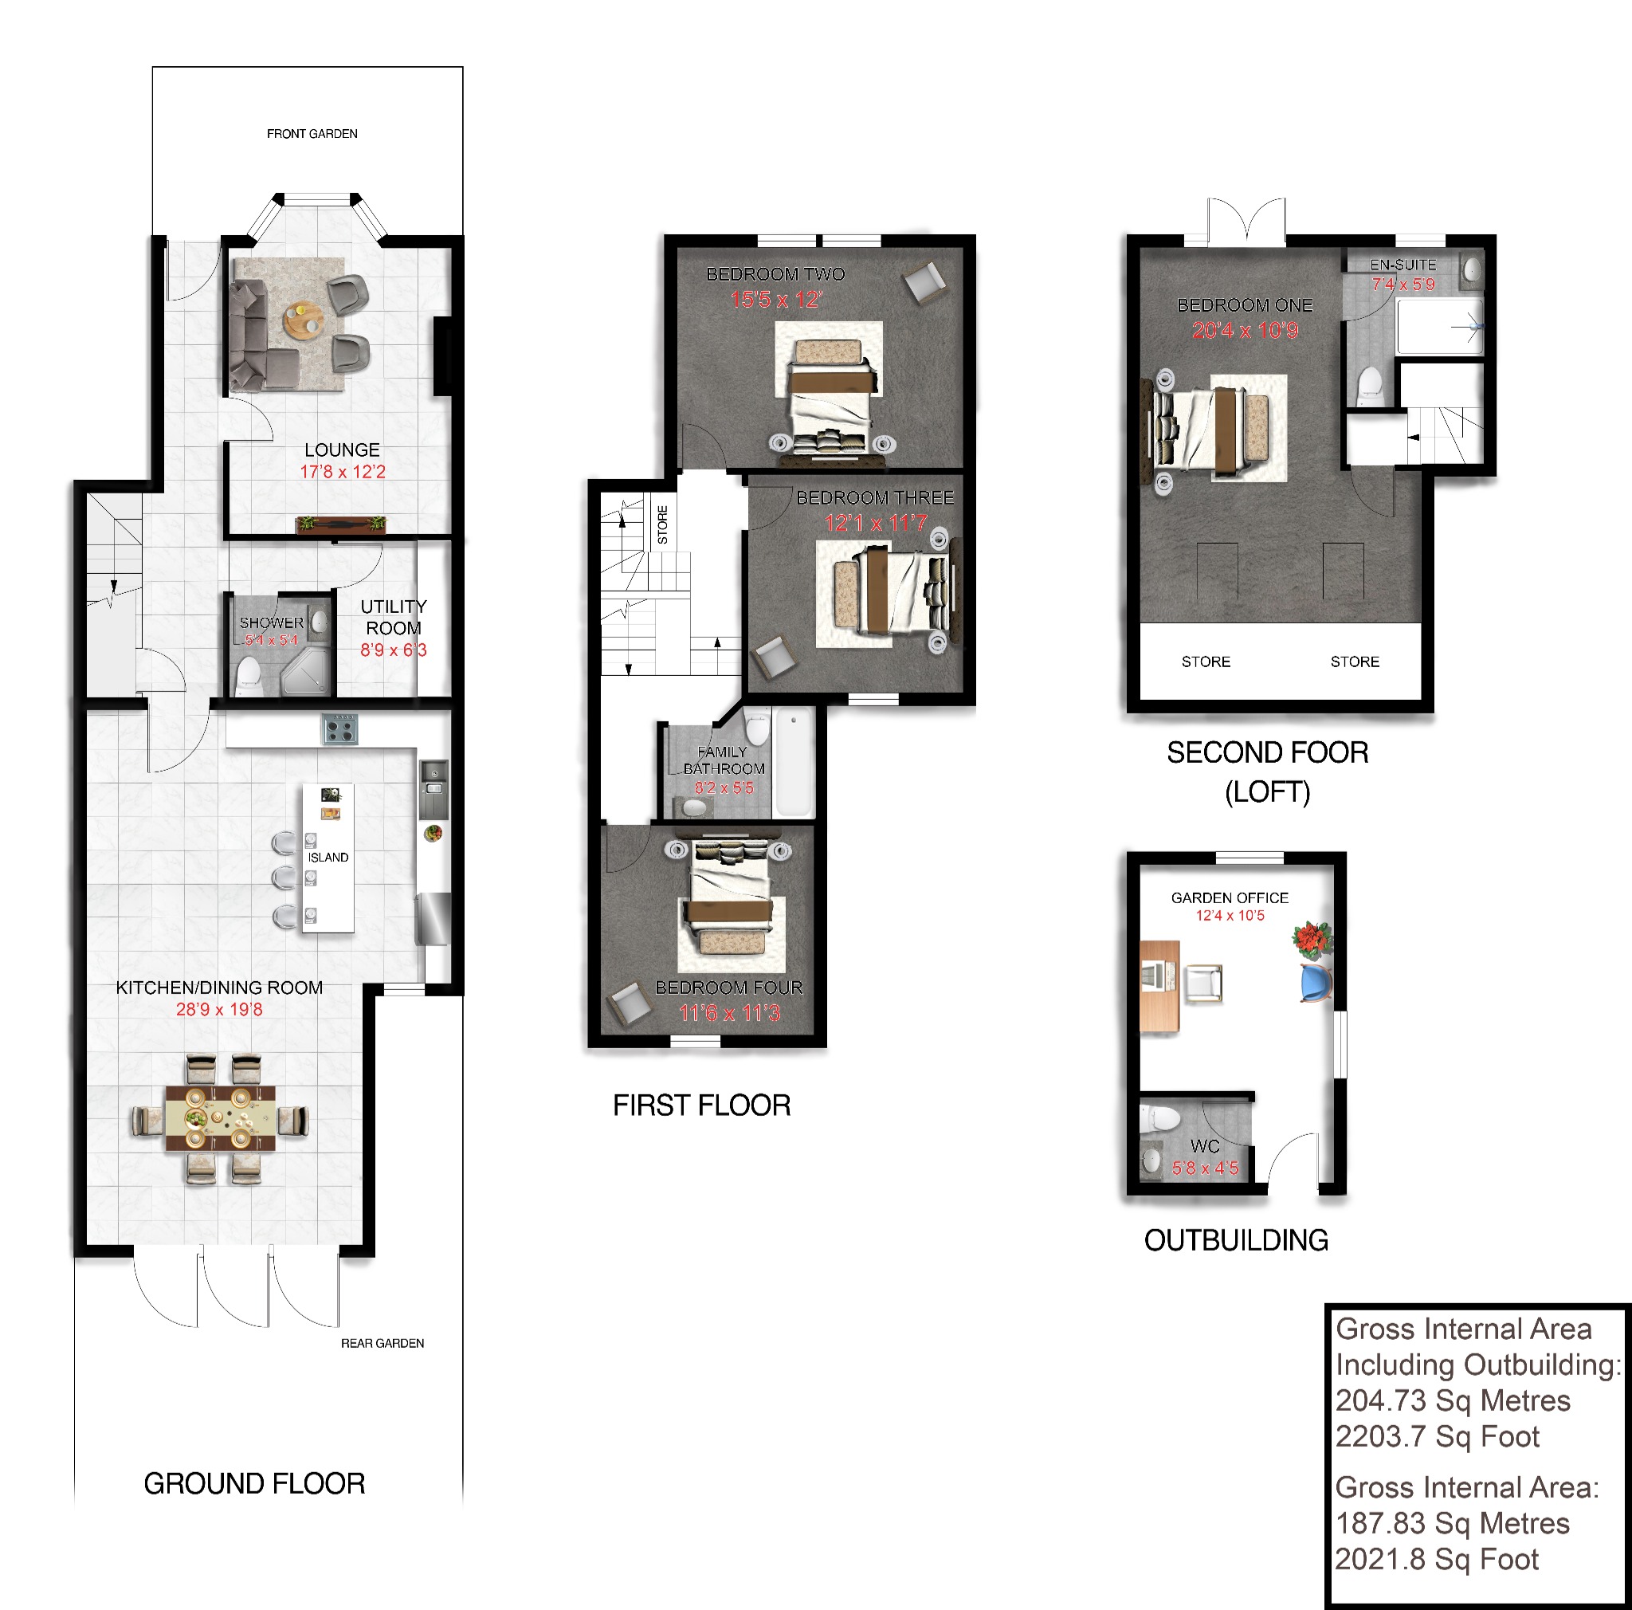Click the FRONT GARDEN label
[x=312, y=133]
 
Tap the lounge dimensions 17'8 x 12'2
[x=342, y=471]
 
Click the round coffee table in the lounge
[x=302, y=320]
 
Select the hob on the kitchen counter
[x=339, y=728]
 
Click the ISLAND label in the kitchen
[x=328, y=857]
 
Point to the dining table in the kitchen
[x=219, y=1119]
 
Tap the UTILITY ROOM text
[x=394, y=617]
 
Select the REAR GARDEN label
[x=382, y=1342]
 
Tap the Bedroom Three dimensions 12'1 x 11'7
[x=875, y=523]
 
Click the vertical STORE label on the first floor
[x=662, y=524]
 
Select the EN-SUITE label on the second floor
[x=1402, y=265]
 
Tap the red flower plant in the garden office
[x=1312, y=938]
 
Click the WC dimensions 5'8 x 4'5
[x=1205, y=1168]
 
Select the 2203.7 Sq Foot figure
[x=1437, y=1436]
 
